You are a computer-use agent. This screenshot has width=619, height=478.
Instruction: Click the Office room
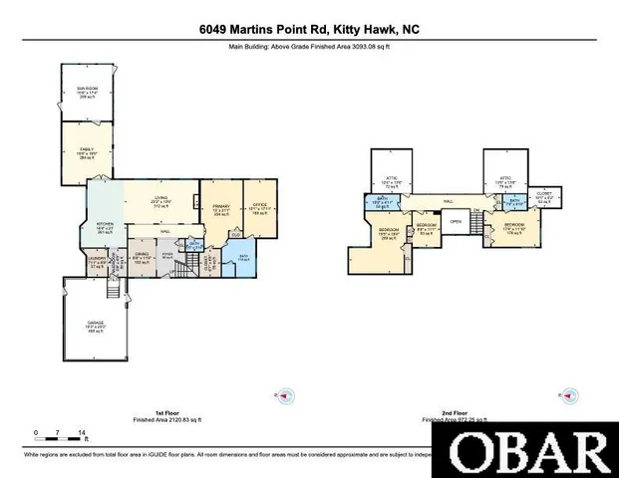click(259, 210)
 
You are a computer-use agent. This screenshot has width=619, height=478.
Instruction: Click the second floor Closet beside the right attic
click(544, 195)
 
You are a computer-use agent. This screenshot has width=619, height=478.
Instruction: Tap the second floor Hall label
click(450, 200)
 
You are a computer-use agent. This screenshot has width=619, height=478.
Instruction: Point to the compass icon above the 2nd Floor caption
click(567, 395)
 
